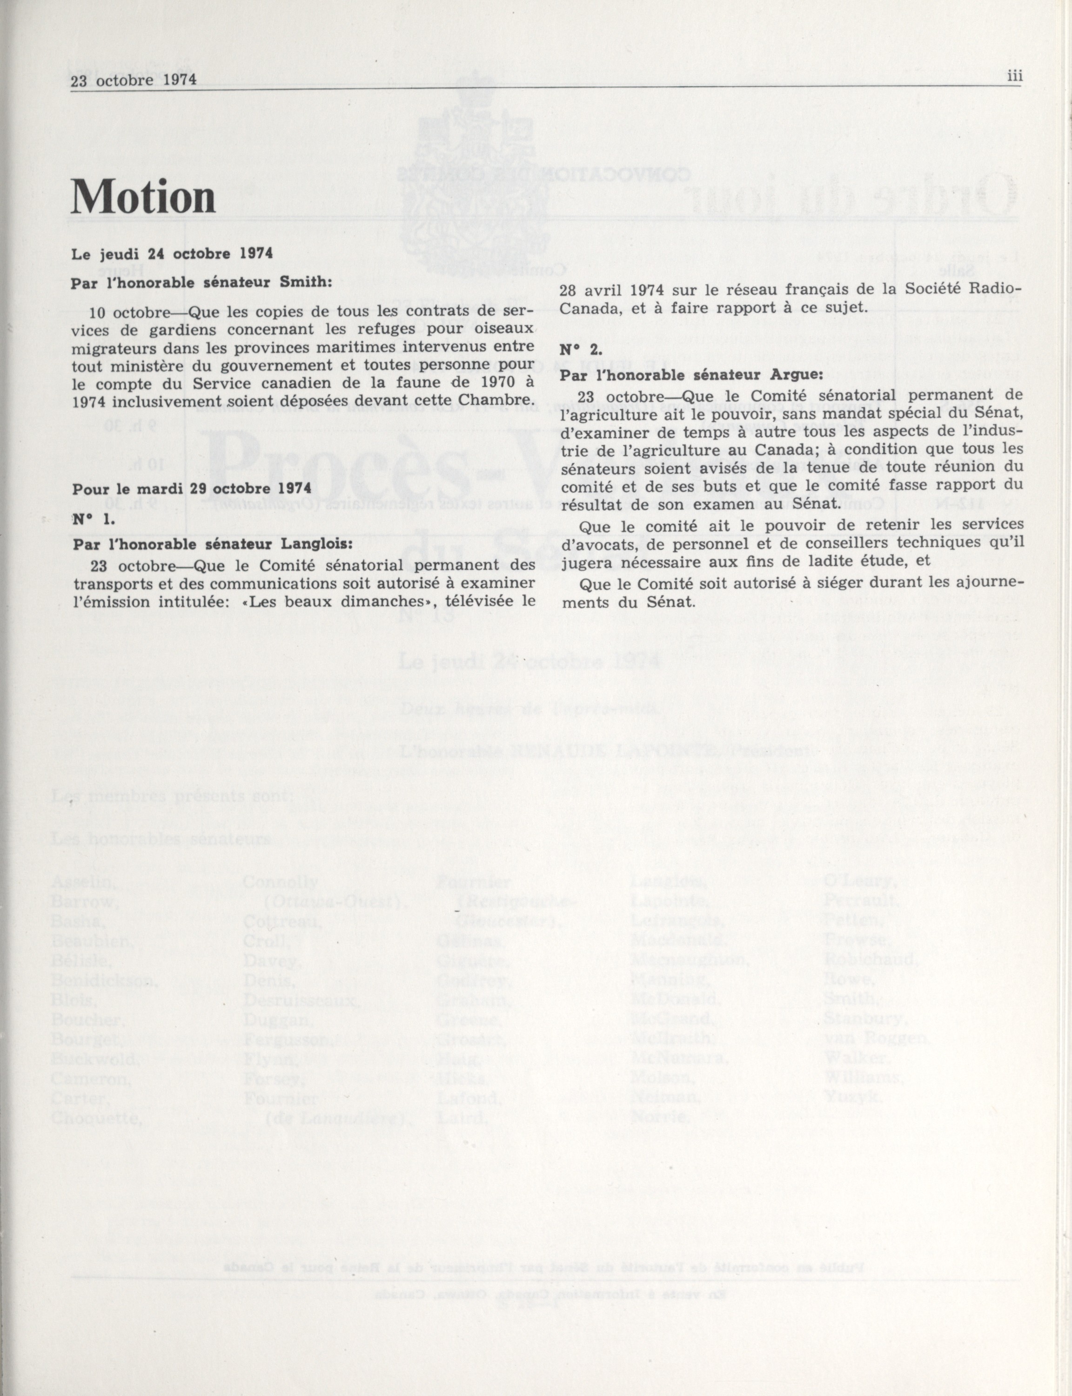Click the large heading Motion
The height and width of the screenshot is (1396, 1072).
pos(144,197)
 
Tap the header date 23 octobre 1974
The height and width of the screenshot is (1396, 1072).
pos(134,81)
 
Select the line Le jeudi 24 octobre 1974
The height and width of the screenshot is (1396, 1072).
pos(172,253)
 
